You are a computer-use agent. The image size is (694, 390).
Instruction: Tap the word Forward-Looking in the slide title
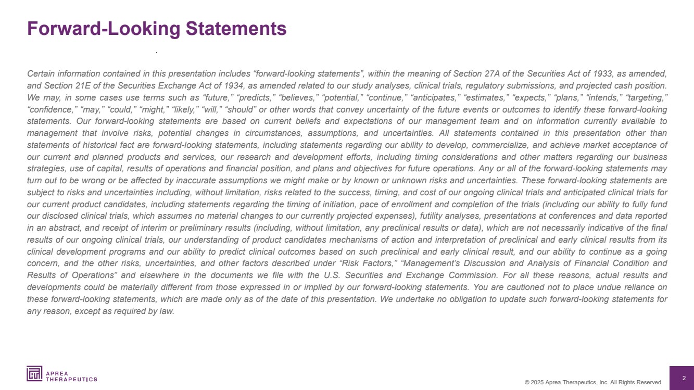click(104, 29)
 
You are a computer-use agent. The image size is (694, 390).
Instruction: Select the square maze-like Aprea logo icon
click(34, 373)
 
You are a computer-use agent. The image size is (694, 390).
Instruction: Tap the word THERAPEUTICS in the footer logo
click(71, 379)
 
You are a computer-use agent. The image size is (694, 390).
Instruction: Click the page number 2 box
click(684, 378)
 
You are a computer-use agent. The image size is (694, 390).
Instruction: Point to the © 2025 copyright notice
click(593, 382)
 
